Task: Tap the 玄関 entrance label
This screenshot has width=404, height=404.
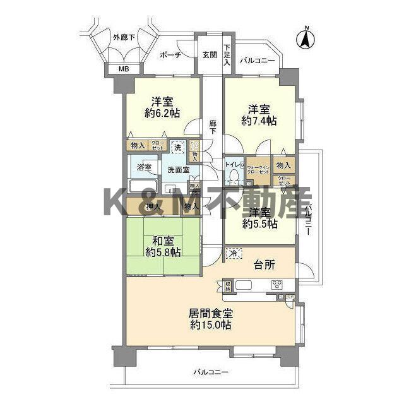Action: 210,55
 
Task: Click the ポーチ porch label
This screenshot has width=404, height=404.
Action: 170,55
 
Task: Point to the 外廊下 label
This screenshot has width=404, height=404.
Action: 124,37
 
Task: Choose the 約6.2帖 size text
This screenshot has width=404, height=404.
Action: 162,114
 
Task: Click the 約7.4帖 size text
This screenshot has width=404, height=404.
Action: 259,120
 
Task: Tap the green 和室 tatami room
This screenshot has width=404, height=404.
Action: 162,246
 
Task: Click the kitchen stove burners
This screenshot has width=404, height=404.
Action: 278,285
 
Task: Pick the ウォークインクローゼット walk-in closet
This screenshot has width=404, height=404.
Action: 258,170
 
